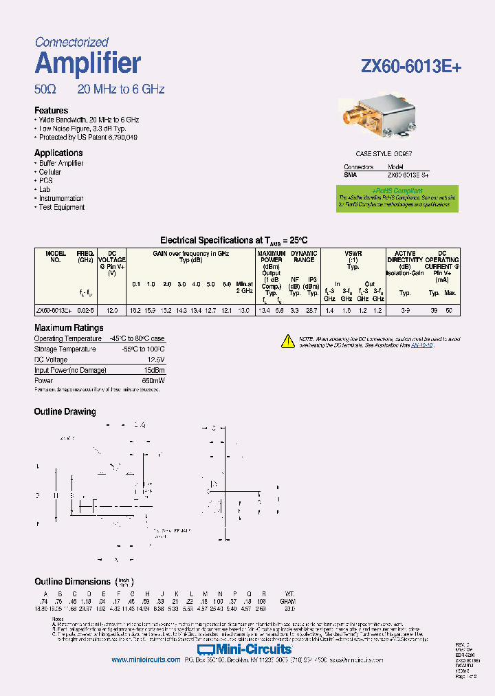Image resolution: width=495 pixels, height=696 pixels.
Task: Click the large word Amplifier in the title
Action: (x=87, y=63)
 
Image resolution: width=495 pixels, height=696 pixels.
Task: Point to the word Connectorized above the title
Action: (x=71, y=43)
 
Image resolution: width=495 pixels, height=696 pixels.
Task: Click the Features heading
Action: (x=51, y=110)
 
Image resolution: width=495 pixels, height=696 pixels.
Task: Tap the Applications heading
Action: (x=58, y=153)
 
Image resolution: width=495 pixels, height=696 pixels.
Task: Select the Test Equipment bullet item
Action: (x=61, y=207)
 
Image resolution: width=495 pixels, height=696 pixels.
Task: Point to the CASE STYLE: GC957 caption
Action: (x=384, y=155)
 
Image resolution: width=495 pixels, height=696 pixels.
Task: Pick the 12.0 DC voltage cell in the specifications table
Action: (x=112, y=311)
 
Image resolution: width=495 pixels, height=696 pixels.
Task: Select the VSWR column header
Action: (x=353, y=253)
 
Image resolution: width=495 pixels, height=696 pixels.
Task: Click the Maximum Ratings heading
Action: (x=69, y=328)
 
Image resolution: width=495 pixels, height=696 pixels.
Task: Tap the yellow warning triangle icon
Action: (x=288, y=340)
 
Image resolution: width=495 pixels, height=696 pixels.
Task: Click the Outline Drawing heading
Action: (x=65, y=411)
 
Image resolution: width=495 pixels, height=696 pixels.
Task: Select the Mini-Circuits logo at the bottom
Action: (x=245, y=649)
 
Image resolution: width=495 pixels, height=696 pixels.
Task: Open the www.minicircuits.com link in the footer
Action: (x=145, y=660)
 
